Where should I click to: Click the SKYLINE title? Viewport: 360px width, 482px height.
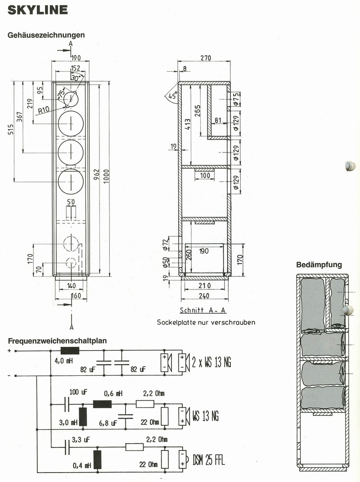(x=37, y=10)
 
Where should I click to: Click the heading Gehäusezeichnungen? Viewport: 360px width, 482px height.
(x=46, y=35)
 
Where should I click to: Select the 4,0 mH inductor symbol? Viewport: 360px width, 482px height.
(x=70, y=351)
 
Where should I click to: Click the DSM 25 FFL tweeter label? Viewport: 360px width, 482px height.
(x=208, y=460)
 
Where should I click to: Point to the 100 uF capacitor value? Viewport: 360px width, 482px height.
(x=78, y=392)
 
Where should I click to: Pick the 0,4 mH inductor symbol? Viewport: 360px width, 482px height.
(x=98, y=459)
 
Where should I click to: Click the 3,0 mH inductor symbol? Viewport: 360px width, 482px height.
(x=83, y=417)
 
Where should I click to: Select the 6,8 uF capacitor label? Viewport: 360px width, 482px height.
(x=108, y=423)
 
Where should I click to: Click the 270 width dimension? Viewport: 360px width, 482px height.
(x=206, y=58)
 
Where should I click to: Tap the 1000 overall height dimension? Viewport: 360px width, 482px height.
(x=106, y=176)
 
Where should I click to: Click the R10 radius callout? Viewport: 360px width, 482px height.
(x=44, y=110)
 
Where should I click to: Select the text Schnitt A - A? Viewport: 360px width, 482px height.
(x=203, y=310)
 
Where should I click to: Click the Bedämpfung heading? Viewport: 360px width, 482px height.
(x=319, y=265)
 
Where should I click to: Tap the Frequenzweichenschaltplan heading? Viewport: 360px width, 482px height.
(x=57, y=341)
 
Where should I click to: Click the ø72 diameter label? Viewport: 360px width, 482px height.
(x=166, y=244)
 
